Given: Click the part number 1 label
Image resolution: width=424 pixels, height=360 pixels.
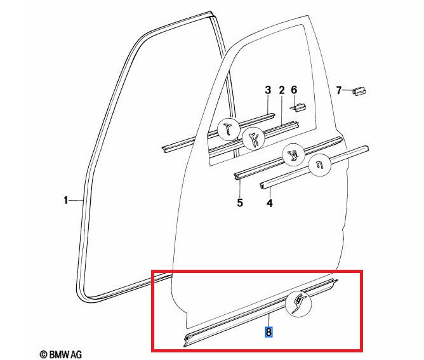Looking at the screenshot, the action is [66, 200].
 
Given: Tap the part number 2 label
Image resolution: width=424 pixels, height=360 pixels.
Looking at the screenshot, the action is [282, 90].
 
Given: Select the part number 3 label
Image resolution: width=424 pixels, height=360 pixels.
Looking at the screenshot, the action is [268, 90].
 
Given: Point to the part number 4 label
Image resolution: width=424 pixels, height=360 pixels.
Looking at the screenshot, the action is [270, 203].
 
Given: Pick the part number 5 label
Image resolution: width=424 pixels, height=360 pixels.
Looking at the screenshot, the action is [240, 203].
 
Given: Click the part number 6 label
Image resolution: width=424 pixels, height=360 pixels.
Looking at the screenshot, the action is [294, 90].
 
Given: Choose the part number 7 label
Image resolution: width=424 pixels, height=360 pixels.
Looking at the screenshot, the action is [339, 90].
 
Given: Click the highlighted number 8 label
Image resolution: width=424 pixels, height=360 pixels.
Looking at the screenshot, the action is [268, 332].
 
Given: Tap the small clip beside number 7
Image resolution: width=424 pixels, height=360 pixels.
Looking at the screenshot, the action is [359, 91].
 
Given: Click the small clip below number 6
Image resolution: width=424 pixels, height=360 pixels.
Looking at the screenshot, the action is [298, 107].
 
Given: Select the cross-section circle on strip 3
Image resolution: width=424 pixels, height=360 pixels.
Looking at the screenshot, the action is [229, 129].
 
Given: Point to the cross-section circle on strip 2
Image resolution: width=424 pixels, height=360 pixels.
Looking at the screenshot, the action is [254, 139].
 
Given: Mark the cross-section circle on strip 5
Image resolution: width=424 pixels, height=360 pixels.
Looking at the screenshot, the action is [293, 156].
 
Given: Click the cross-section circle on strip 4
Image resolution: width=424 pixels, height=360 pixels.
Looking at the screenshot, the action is [320, 165].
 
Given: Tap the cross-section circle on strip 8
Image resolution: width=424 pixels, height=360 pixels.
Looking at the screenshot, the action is [298, 303].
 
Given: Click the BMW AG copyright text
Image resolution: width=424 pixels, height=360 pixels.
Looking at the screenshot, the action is [60, 354].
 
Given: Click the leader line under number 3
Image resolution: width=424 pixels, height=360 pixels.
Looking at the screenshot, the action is [268, 105].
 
